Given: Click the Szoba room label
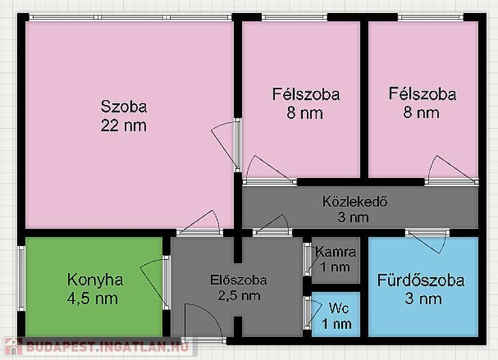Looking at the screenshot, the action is pyautogui.click(x=124, y=106).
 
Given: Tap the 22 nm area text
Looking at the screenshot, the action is pyautogui.click(x=123, y=125).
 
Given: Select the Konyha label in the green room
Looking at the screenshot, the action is pyautogui.click(x=95, y=280).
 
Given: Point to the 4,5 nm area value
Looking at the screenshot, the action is pyautogui.click(x=92, y=299).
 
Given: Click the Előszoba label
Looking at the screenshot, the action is pyautogui.click(x=239, y=280).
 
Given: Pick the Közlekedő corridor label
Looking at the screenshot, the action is pyautogui.click(x=355, y=202).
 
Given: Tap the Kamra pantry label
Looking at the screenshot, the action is pyautogui.click(x=336, y=252).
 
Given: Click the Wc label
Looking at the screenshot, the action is pyautogui.click(x=339, y=308).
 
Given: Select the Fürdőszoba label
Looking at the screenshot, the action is pyautogui.click(x=421, y=280).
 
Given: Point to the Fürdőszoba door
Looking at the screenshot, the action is pyautogui.click(x=428, y=241).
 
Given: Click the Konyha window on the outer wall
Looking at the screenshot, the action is pyautogui.click(x=21, y=278).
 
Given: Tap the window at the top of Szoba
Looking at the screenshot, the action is pyautogui.click(x=130, y=17).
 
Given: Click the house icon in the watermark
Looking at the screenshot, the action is pyautogui.click(x=13, y=346).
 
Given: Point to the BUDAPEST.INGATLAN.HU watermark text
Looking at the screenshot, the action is pyautogui.click(x=108, y=346).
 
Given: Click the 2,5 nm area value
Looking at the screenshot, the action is pyautogui.click(x=239, y=295).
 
